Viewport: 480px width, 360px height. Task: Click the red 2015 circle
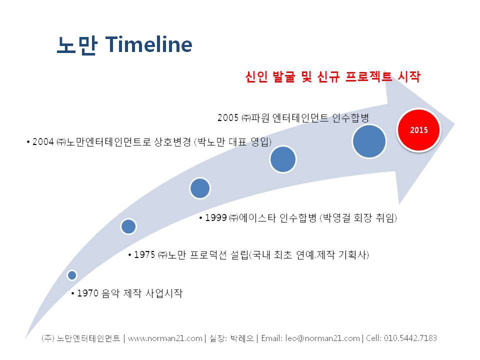[419, 130]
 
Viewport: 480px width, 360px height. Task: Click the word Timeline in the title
[149, 44]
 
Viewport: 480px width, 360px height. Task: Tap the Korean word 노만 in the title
[77, 45]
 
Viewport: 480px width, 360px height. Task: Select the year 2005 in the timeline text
[228, 117]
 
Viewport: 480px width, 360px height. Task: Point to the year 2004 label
[43, 141]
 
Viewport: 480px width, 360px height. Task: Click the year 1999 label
[216, 217]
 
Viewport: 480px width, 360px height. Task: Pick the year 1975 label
[144, 254]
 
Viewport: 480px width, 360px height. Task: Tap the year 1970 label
[87, 293]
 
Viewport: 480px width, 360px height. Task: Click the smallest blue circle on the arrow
[72, 275]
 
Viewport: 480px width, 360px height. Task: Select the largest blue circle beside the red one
[369, 141]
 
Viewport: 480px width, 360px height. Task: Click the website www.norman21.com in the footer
[165, 338]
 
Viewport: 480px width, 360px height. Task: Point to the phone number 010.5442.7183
[410, 338]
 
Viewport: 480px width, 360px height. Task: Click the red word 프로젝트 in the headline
[368, 76]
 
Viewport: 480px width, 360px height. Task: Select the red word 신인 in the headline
[256, 76]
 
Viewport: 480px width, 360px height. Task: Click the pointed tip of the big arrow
[455, 124]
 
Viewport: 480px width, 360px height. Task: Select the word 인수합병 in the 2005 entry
[350, 117]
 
